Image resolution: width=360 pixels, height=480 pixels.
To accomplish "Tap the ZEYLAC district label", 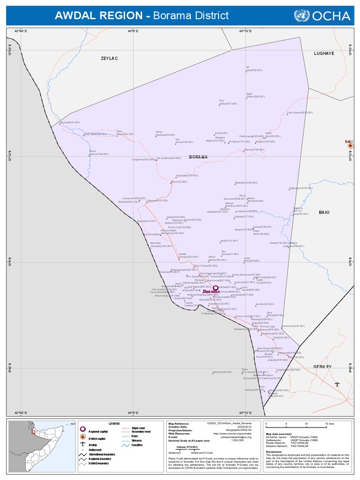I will (x=109, y=58).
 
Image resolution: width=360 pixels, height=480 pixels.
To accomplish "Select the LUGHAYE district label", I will (x=324, y=53).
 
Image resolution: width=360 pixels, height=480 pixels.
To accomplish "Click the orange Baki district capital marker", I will (x=349, y=146).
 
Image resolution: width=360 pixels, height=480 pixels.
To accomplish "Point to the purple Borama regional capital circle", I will (x=215, y=288).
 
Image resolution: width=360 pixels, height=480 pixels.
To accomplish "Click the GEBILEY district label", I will (x=322, y=367).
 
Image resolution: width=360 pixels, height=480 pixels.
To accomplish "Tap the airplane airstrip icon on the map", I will (x=337, y=384).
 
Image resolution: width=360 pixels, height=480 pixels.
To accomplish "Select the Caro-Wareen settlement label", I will (x=300, y=112).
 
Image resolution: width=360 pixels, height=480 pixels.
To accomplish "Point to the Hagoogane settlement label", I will (x=300, y=188).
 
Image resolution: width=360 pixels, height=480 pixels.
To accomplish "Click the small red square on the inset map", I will (x=33, y=432).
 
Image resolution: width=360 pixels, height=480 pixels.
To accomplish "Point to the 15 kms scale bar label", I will (x=330, y=424).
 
